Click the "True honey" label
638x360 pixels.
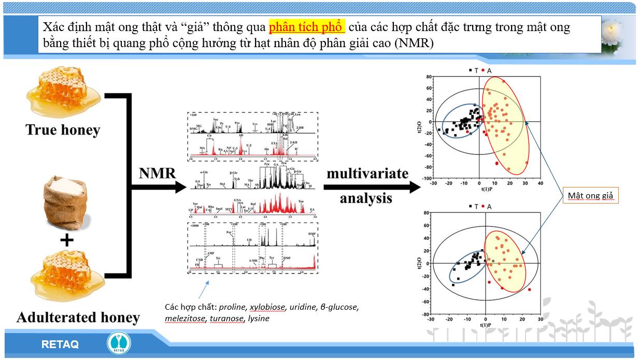pos(63,129)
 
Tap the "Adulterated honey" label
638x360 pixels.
pos(78,317)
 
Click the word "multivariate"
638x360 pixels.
pos(367,174)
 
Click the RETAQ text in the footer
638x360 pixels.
pos(60,344)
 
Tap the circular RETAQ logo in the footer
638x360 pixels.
pos(119,343)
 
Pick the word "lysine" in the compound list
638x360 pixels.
pos(259,318)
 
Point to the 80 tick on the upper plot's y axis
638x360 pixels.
pos(429,77)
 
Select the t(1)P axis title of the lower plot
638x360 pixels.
pos(485,325)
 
